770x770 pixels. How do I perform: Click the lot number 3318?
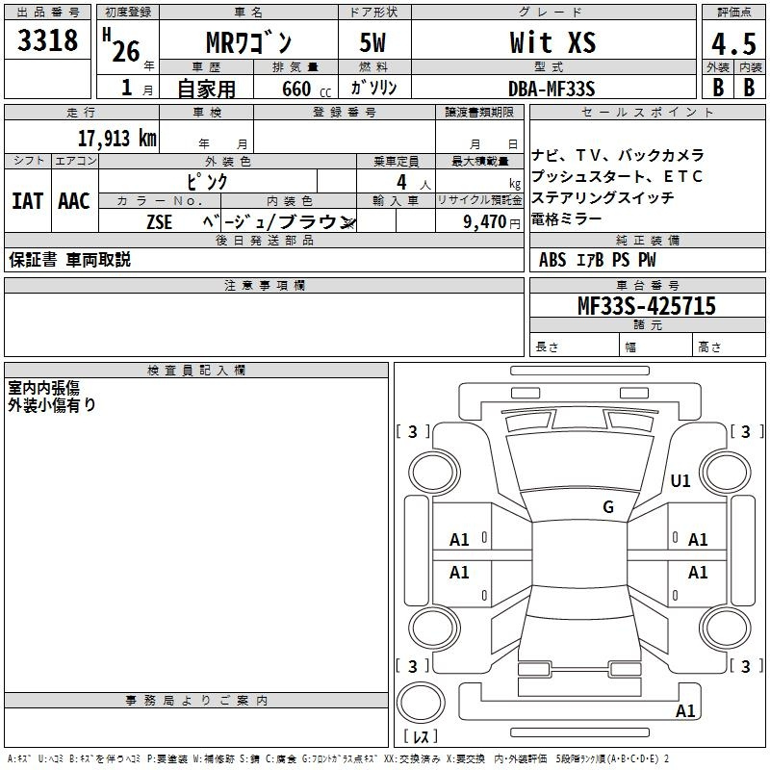(x=47, y=40)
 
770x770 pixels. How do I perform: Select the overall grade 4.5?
(x=733, y=43)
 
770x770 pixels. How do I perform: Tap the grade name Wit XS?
(x=552, y=42)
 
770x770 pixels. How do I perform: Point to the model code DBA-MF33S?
(x=552, y=89)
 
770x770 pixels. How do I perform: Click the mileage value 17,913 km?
(x=116, y=139)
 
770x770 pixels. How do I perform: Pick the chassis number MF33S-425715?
(x=647, y=306)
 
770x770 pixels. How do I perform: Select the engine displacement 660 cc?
(x=306, y=90)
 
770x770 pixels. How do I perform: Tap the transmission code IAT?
(x=27, y=201)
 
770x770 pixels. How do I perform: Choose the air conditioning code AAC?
(x=74, y=201)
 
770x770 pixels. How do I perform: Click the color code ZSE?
(x=159, y=222)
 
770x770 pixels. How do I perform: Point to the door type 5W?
(x=372, y=42)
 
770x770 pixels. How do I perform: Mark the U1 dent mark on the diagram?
(x=680, y=480)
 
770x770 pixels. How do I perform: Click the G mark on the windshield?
(x=608, y=507)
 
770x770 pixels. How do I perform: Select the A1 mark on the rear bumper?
(x=685, y=710)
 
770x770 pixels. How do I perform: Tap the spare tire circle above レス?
(x=421, y=703)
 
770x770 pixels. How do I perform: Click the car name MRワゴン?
(x=249, y=43)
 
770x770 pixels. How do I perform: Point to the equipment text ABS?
(x=552, y=260)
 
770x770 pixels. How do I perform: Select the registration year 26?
(x=126, y=52)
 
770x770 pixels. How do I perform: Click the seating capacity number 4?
(x=401, y=182)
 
